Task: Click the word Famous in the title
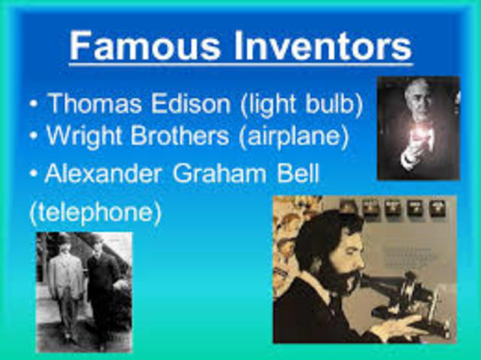tap(138, 46)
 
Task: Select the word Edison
tap(192, 104)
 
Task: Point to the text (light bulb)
tap(301, 104)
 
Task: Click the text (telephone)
tap(95, 212)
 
